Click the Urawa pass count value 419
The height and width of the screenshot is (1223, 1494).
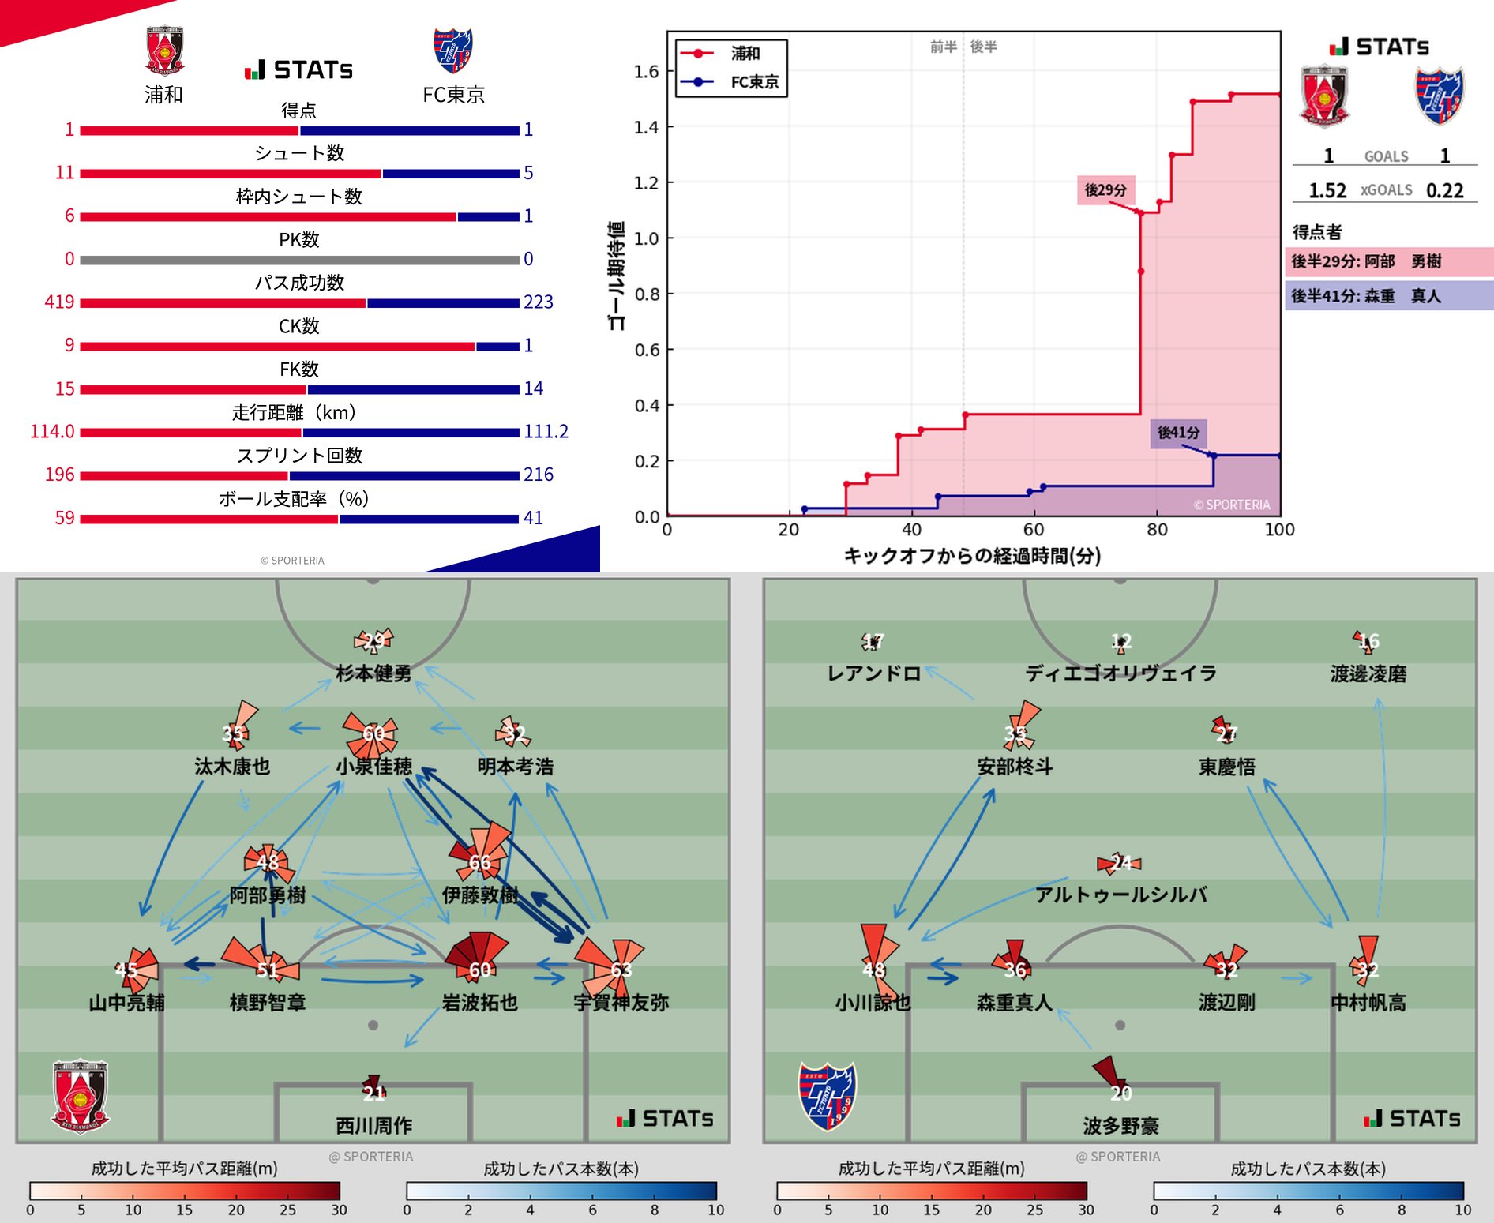(x=59, y=302)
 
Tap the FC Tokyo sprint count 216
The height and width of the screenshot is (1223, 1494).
(x=539, y=475)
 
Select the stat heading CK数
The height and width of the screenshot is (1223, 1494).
(x=299, y=326)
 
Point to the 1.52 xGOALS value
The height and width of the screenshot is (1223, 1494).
(x=1327, y=190)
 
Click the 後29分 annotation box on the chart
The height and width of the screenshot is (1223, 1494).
(x=1105, y=190)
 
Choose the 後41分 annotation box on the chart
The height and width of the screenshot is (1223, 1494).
(x=1178, y=433)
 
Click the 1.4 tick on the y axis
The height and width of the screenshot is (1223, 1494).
(x=646, y=127)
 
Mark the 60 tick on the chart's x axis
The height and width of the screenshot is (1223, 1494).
(x=1034, y=530)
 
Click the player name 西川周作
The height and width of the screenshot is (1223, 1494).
(x=374, y=1125)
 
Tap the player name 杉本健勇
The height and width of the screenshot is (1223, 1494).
(x=373, y=673)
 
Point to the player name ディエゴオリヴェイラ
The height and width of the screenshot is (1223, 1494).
(x=1120, y=673)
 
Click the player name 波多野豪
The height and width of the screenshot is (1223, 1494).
(x=1120, y=1125)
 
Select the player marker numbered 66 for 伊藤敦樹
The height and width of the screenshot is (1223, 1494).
(x=479, y=862)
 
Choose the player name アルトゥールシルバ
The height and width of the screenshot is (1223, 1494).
(x=1120, y=895)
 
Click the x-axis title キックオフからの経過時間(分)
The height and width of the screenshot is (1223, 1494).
(x=973, y=556)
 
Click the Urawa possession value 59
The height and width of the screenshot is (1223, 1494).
(x=65, y=518)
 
